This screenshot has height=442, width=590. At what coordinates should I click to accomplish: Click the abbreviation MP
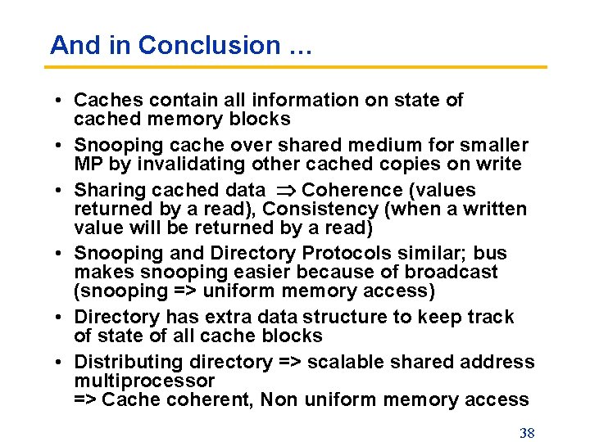tap(87, 164)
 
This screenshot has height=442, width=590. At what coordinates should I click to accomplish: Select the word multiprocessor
tap(144, 381)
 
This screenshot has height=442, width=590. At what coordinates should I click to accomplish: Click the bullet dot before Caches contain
tap(61, 101)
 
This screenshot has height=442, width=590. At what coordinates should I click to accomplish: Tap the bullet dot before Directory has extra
tap(61, 318)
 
